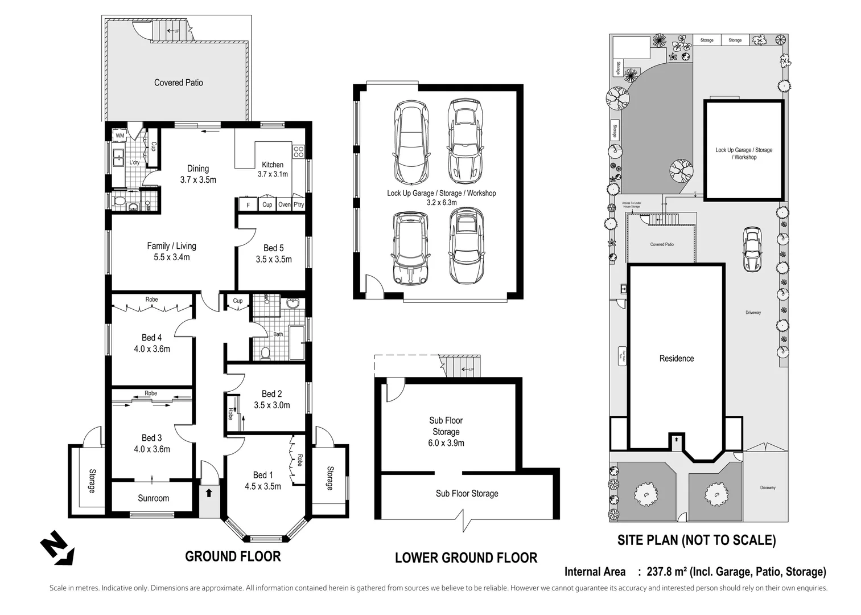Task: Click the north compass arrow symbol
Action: pos(57,548)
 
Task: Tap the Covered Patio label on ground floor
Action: pos(178,83)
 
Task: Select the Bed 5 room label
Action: pos(273,248)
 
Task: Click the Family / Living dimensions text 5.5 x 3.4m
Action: pos(171,257)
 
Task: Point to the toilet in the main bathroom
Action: pos(265,353)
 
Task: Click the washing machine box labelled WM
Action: pos(120,136)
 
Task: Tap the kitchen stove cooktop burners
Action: pos(299,151)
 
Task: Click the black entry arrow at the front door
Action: pos(209,493)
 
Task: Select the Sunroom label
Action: pos(153,498)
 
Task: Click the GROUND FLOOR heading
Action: pos(233,556)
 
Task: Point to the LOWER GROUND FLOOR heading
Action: pos(465,558)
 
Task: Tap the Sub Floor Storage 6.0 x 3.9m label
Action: pos(446,432)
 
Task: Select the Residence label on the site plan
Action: pos(676,358)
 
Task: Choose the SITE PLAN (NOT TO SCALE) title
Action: pos(697,540)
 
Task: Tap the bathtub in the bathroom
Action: pos(297,342)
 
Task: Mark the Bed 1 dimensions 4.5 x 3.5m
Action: pos(263,486)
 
